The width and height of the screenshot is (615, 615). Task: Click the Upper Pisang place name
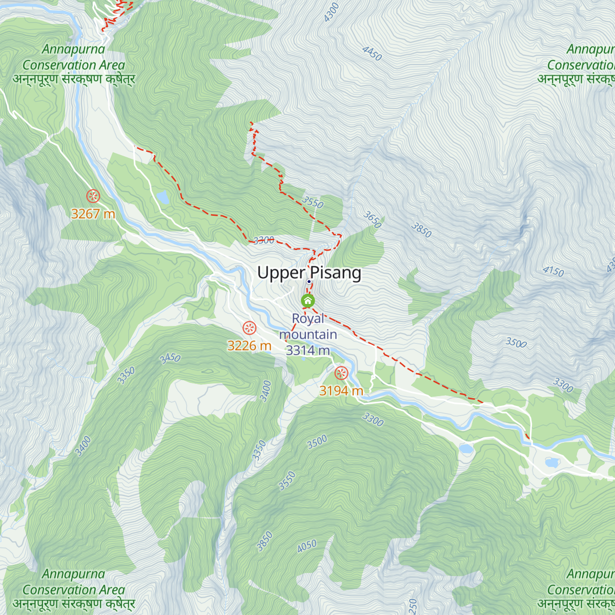309,273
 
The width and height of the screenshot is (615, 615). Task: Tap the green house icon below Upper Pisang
307,301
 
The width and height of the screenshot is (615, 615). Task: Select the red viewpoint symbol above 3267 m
93,196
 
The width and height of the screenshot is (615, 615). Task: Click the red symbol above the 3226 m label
249,327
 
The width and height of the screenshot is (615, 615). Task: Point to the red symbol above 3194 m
341,373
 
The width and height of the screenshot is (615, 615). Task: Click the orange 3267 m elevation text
93,214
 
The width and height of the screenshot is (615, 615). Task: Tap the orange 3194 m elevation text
341,391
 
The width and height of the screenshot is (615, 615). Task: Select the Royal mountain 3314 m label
308,334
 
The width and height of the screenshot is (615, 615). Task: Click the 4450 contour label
372,53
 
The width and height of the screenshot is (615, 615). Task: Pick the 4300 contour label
332,12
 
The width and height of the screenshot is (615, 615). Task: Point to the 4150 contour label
553,271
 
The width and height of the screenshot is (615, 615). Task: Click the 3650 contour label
373,220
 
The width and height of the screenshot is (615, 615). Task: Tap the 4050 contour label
307,546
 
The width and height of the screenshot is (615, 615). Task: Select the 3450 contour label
170,358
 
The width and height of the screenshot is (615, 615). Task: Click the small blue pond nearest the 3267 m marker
162,197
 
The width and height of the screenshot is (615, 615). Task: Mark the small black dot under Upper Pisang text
309,281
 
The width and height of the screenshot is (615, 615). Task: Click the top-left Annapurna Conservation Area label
74,65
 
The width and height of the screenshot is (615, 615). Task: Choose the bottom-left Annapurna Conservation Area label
74,589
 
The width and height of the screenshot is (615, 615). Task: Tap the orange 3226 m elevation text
249,346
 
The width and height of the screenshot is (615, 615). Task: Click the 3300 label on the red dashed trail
264,240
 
